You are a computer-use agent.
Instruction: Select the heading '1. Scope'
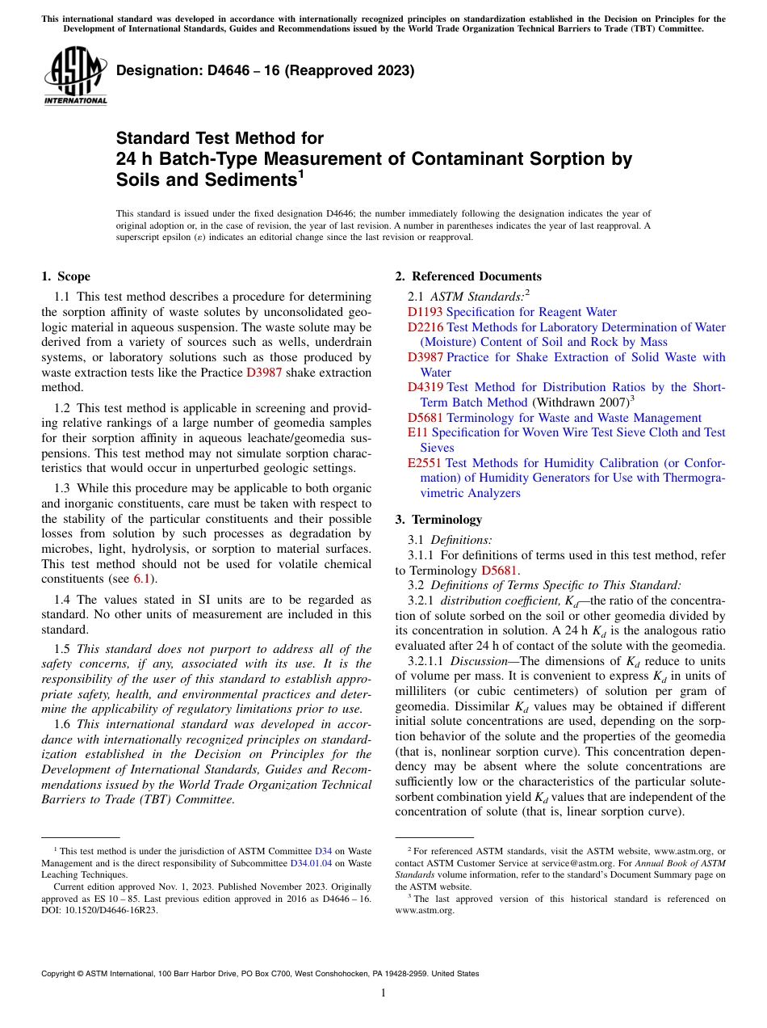65,276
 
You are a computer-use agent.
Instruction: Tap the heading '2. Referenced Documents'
468,276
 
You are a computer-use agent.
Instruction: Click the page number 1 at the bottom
383,992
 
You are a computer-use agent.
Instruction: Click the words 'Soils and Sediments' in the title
206,179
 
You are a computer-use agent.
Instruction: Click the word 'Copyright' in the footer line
61,974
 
